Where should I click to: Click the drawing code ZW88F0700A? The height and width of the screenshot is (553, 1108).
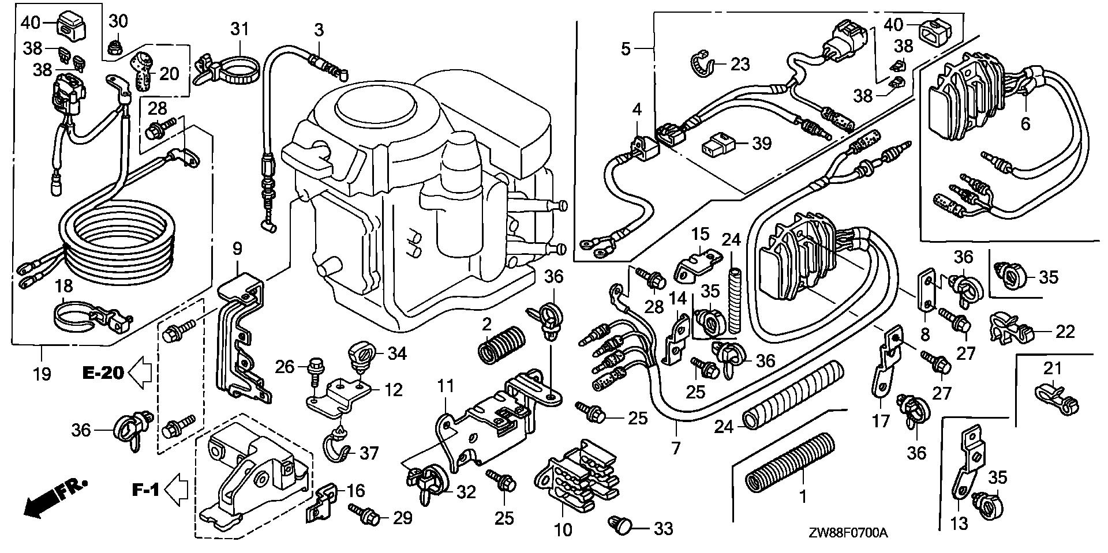[x=851, y=534]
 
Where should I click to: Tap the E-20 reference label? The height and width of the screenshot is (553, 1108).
[x=103, y=373]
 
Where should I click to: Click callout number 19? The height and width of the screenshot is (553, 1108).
[x=42, y=374]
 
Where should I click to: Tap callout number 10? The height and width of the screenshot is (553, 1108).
[x=563, y=529]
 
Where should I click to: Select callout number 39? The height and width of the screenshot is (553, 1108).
[x=762, y=143]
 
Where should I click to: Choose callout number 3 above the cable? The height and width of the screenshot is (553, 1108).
[x=319, y=29]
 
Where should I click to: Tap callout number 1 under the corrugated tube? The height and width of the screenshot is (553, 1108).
[x=802, y=495]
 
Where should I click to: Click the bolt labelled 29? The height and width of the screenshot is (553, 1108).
[x=364, y=514]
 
